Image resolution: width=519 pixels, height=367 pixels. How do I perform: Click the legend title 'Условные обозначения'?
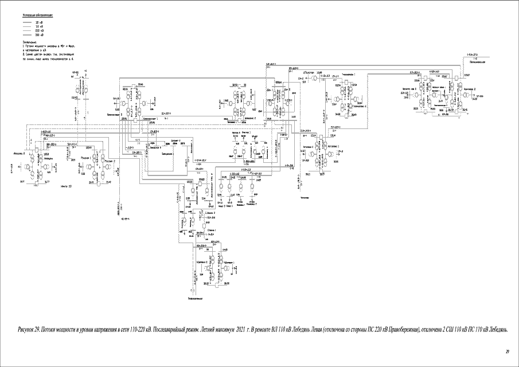pos(38,14)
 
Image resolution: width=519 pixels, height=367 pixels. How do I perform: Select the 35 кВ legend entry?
pos(38,22)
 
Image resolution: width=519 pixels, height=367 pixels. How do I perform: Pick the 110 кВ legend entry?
pos(38,26)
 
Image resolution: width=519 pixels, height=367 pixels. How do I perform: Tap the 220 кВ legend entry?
pos(38,31)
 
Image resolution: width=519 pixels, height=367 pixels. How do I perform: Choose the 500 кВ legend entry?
pos(38,35)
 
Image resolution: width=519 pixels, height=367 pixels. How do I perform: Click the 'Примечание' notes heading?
pos(30,42)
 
